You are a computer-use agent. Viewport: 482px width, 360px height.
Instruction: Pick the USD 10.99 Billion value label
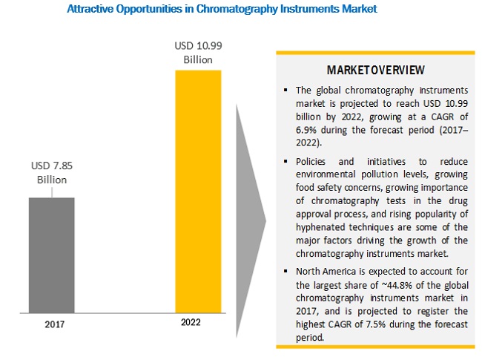click(196, 53)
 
